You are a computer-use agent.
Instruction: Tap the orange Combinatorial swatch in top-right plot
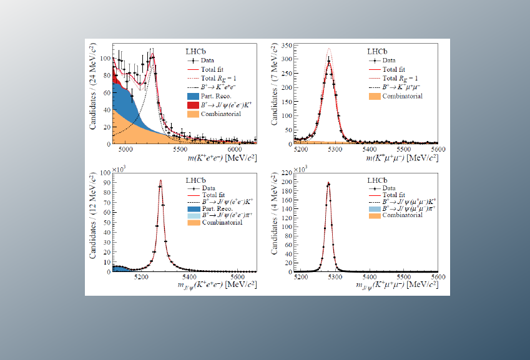coord(374,96)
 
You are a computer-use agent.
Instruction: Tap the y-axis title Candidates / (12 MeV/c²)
coord(92,221)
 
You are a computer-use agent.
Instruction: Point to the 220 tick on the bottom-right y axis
coord(292,173)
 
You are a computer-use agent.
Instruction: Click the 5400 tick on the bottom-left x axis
coord(189,278)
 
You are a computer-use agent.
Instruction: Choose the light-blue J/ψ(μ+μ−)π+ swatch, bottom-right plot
coord(374,208)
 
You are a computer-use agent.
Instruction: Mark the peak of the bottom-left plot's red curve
coord(160,180)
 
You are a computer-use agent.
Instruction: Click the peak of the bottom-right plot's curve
coord(328,182)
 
